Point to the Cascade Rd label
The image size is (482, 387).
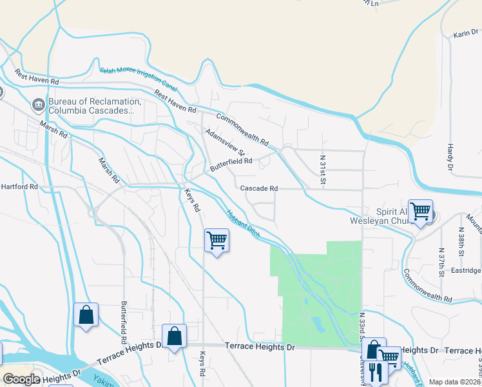click(x=258, y=188)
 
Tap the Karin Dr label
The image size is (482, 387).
click(x=467, y=34)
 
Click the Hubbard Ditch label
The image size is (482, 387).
click(x=244, y=223)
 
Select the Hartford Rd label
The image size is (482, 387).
click(x=19, y=186)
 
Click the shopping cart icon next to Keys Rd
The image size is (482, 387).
click(x=217, y=241)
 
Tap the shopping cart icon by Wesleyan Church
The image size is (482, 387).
click(x=420, y=211)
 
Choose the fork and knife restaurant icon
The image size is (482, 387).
click(x=376, y=372)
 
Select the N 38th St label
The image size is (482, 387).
click(x=461, y=240)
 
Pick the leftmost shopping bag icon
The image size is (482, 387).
click(x=86, y=315)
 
